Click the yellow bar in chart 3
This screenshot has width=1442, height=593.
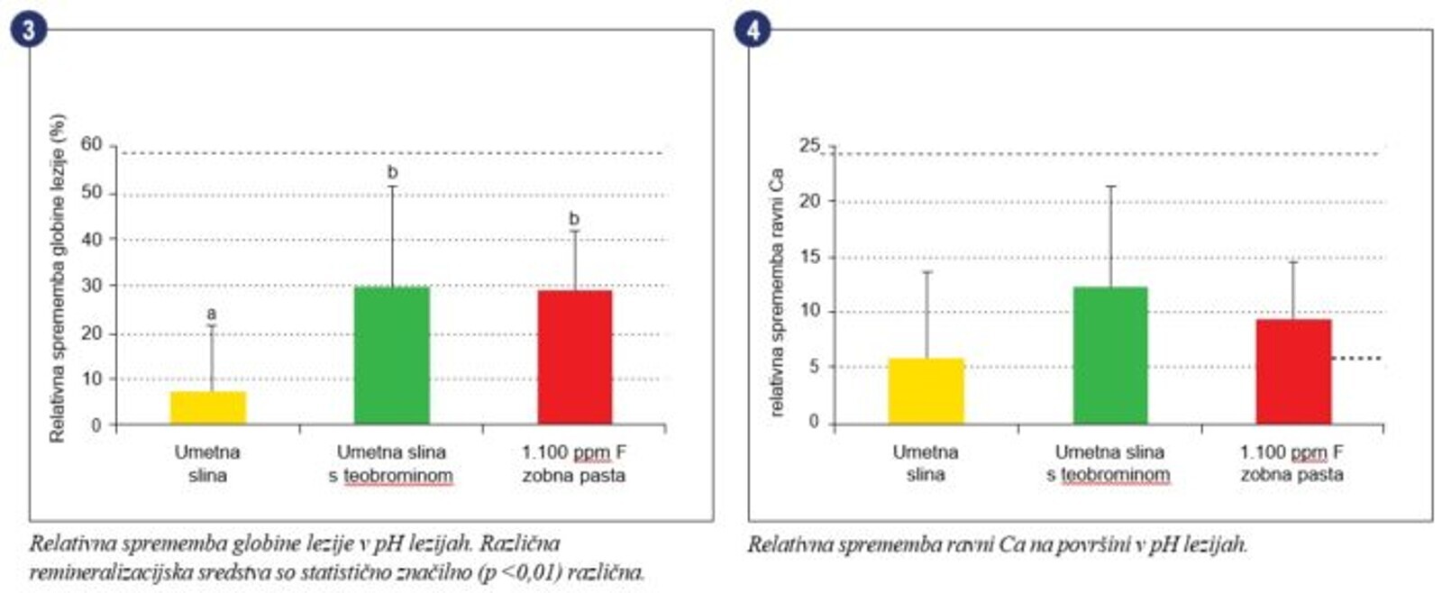coord(208,407)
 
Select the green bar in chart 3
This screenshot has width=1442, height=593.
coord(392,355)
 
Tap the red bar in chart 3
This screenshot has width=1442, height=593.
coord(575,357)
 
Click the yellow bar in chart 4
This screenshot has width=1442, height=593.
coord(926,391)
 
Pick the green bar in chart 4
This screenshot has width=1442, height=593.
coord(1110,355)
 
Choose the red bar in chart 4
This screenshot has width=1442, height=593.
coord(1293,371)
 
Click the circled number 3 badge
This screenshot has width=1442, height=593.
coord(28,29)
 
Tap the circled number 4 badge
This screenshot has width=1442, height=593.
coord(752,29)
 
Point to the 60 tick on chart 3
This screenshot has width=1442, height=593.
coord(91,144)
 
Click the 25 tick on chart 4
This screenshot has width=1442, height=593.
coord(809,145)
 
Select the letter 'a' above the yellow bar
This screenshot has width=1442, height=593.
coord(212,314)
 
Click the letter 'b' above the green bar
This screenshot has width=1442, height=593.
coord(392,172)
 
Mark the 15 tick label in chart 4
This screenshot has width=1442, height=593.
coord(810,257)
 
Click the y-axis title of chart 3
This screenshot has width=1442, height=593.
coord(58,278)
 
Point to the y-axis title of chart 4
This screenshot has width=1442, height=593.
coord(777,292)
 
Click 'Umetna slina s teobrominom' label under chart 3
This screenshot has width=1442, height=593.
coord(391,463)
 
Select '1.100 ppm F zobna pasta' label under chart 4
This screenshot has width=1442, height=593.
coord(1291,463)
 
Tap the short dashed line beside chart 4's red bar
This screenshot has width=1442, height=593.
coord(1357,359)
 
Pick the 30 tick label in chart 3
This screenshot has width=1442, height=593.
coord(91,285)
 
